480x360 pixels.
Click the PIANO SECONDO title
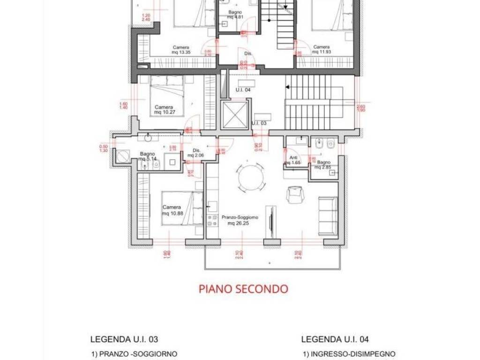[243, 288]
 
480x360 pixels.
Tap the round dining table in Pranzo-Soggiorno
[251, 178]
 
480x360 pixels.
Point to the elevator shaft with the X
[234, 114]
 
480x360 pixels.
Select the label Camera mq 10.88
[172, 210]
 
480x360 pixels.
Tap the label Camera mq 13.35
[181, 50]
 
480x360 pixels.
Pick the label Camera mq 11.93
[321, 50]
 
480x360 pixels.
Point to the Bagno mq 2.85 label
[324, 164]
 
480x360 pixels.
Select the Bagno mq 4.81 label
[235, 15]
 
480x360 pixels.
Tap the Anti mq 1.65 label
[294, 160]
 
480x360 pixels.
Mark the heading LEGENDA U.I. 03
[127, 339]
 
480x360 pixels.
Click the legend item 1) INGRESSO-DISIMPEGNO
[349, 354]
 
